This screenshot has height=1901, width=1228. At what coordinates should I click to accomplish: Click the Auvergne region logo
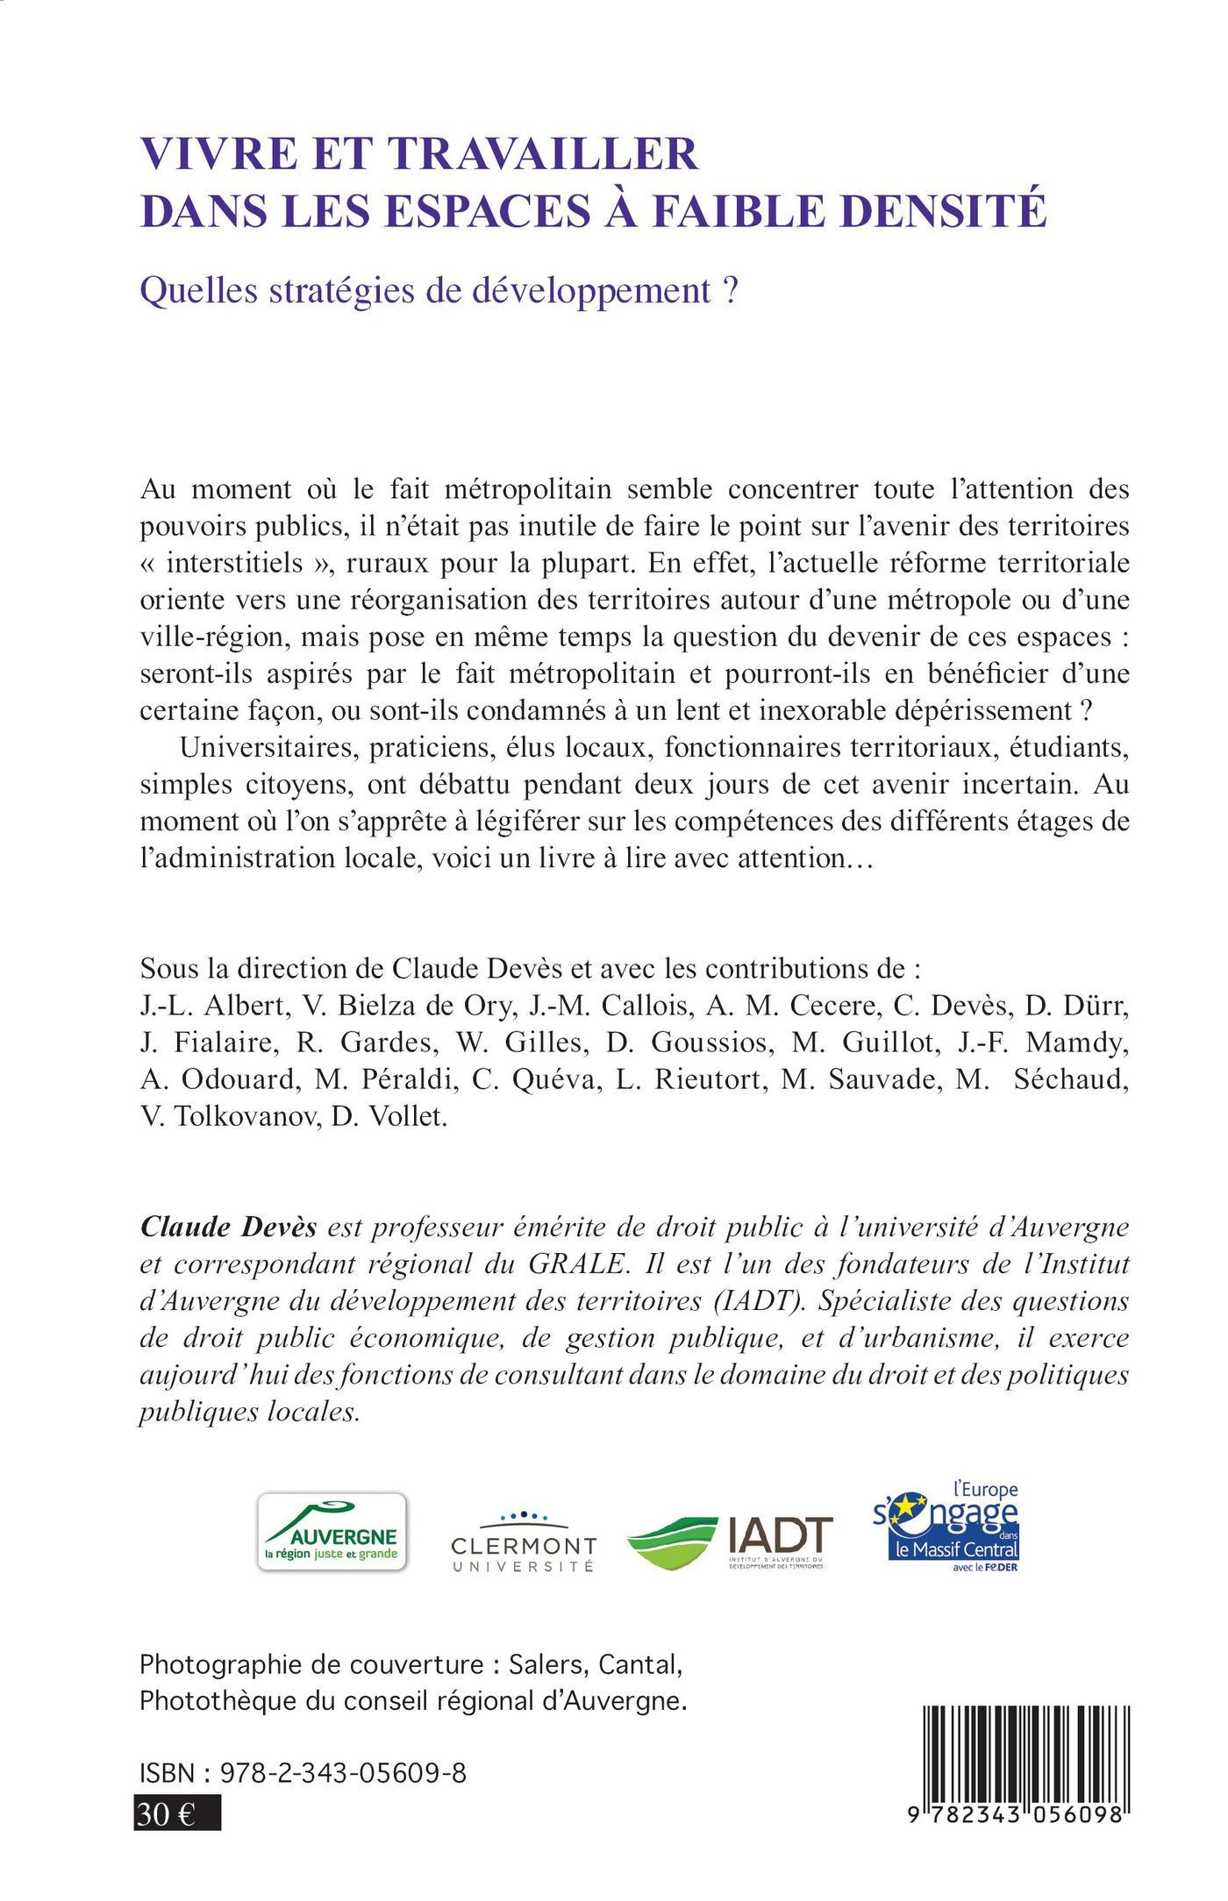pos(331,1532)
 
